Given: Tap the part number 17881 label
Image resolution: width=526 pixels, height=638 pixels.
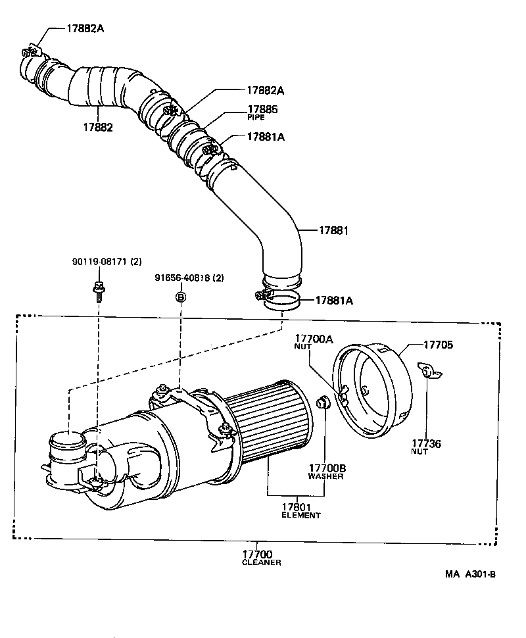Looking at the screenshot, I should coord(333,231).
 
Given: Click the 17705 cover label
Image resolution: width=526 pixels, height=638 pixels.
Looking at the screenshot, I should coord(438,344).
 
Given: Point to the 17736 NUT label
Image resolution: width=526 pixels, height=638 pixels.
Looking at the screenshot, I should coord(426,448).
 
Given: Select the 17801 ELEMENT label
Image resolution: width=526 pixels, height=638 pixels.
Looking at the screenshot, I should coord(300,510).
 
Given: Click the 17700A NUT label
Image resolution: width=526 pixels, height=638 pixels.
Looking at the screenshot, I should coord(314,342).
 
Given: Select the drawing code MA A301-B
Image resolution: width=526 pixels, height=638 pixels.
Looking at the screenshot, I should coord(469,574).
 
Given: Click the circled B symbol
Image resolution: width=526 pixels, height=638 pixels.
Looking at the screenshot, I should coord(180,297).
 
